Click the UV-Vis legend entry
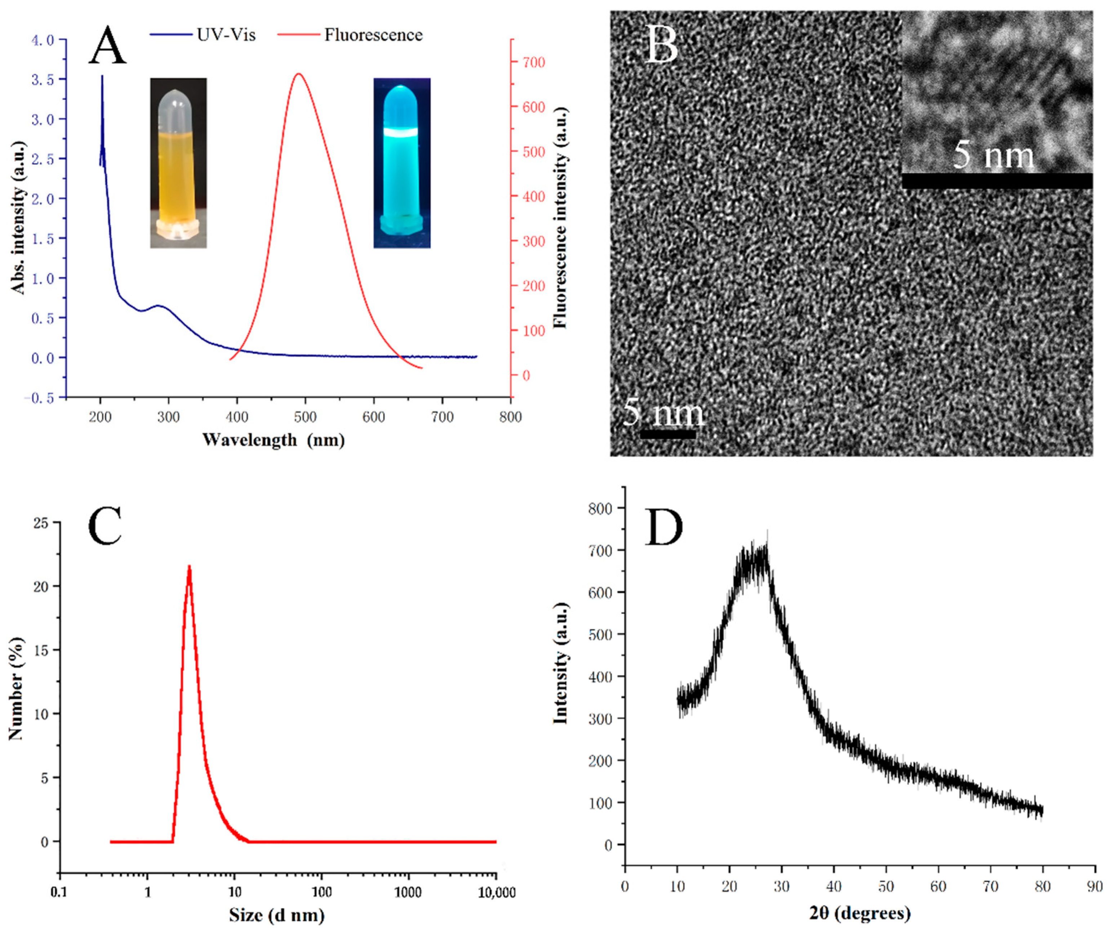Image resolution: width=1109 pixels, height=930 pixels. point(203,35)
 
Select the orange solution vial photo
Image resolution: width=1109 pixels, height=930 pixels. point(178,163)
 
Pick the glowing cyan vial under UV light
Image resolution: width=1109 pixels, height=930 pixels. point(402,163)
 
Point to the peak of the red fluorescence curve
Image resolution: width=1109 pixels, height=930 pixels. point(299,74)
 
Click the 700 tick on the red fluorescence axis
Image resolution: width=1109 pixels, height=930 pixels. point(534,62)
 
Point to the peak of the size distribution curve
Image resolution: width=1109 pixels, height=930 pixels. point(189,566)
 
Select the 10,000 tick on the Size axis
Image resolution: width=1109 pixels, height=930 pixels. point(495,893)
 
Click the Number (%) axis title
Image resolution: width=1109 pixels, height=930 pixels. point(16,689)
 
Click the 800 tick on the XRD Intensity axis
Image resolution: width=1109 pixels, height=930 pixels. point(601,508)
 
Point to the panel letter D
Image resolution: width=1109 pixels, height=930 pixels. point(664,528)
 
